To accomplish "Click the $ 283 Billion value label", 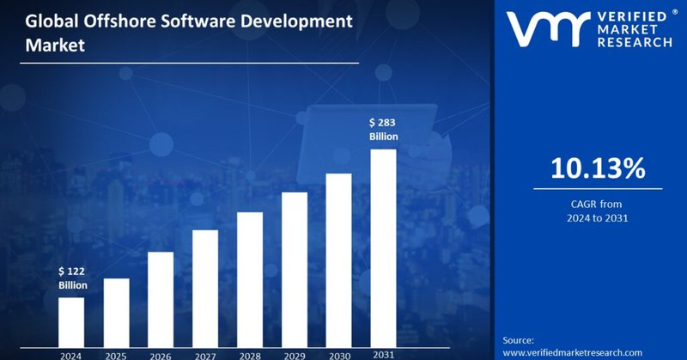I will [x=384, y=130].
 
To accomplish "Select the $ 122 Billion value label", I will [x=73, y=278].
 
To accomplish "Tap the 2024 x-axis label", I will [x=71, y=353].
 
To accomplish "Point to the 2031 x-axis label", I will [x=383, y=353].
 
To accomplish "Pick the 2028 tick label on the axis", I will [x=250, y=353].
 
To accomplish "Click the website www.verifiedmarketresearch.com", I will [x=572, y=352].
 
